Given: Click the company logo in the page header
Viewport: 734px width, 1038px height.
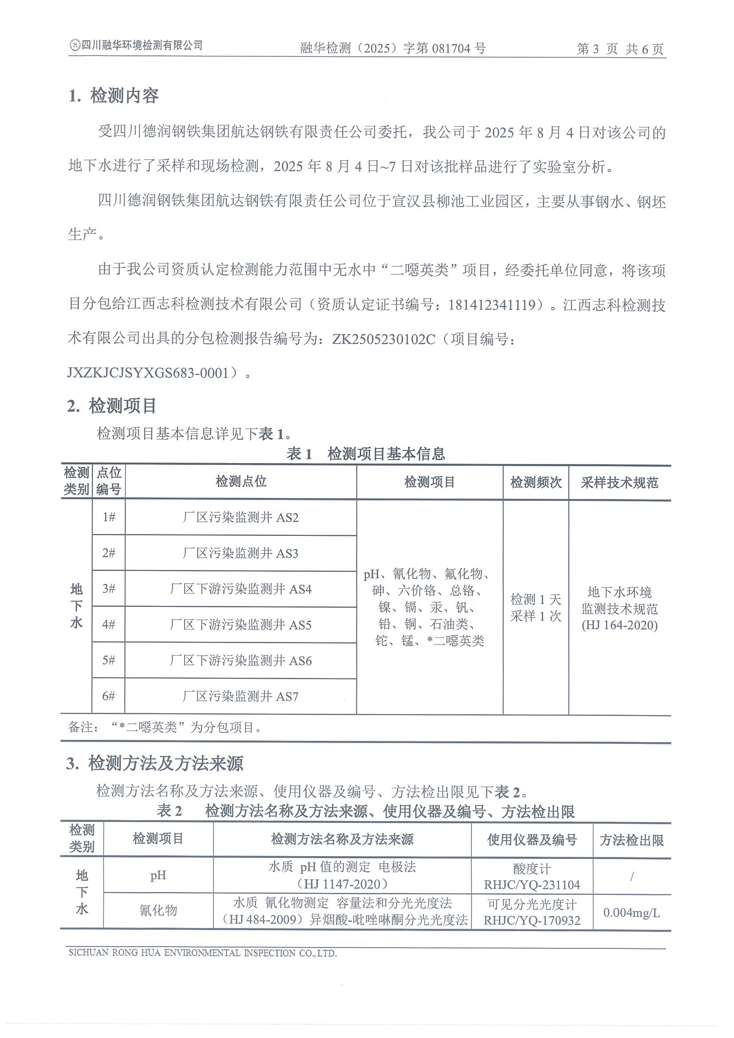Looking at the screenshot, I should point(75,45).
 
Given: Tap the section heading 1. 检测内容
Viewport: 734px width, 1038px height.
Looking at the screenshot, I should point(114,96).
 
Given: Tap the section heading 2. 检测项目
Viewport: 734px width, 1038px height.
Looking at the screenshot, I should point(112,406).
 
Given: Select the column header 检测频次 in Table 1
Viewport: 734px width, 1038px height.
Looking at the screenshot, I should point(536,482).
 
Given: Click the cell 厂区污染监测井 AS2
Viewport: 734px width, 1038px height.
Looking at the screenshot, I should point(241,518).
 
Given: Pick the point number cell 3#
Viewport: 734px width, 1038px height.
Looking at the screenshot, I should point(109,589).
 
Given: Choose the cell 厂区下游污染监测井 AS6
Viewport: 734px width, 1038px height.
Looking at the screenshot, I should point(241,661).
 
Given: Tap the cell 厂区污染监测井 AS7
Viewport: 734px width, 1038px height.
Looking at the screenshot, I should point(241,696).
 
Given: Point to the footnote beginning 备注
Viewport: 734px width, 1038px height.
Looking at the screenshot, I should point(165,727).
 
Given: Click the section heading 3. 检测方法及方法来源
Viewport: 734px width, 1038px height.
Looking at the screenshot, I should point(155,763).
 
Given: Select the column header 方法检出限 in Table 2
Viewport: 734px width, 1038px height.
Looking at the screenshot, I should point(631,840).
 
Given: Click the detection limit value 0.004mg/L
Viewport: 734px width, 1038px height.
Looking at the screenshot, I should point(631,912).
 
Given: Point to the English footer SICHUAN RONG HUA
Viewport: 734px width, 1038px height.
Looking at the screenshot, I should point(203,953).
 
